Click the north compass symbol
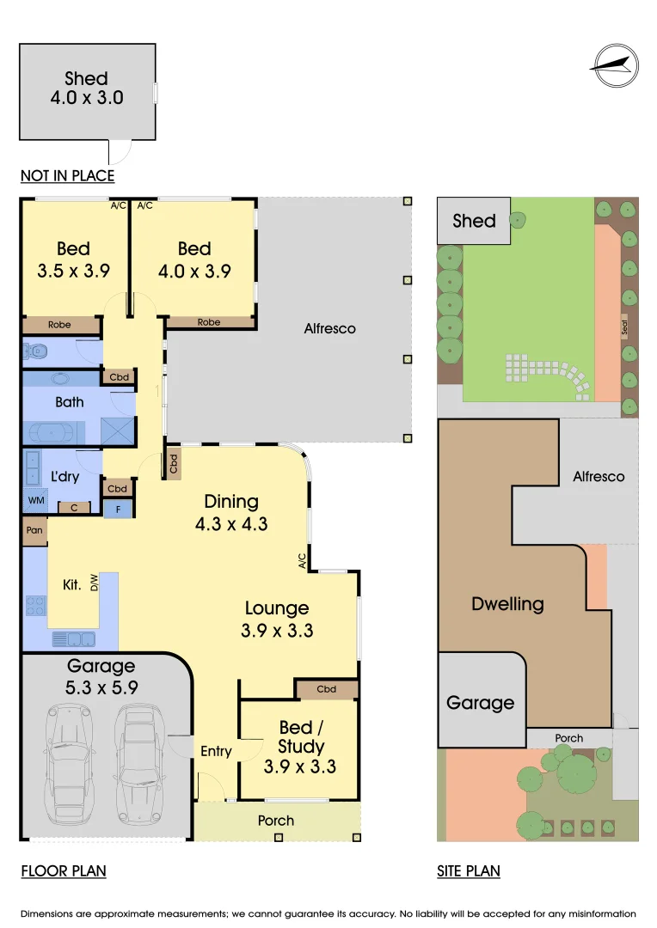pos(615,65)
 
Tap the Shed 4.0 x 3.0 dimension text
pos(87,98)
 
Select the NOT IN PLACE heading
pos(68,176)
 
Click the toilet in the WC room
pos(35,351)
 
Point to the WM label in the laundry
pos(36,500)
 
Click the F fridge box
pos(118,509)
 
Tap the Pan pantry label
pos(34,529)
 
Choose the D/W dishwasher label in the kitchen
pos(94,582)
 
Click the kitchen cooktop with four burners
pos(35,606)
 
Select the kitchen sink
pos(73,639)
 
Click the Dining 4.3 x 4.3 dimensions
pos(231,524)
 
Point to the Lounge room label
pos(277,608)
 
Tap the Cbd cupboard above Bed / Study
pos(327,689)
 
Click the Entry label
pos(216,751)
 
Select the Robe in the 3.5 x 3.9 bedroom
pos(60,325)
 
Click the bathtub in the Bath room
pos(52,432)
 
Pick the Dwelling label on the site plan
pos(507,604)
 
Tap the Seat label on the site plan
pos(624,327)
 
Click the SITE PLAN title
pos(469,871)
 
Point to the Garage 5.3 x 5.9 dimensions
pos(101,687)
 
